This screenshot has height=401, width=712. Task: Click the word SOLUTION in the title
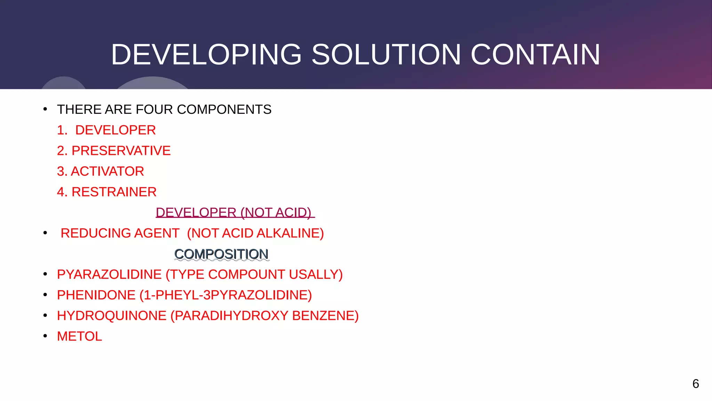386,55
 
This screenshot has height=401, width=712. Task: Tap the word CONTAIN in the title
535,55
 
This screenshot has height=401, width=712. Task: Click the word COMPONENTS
224,110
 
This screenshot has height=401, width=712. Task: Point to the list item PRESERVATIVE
121,151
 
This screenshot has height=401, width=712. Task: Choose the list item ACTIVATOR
107,171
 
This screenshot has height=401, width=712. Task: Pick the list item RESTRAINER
114,192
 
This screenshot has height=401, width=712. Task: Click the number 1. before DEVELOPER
62,130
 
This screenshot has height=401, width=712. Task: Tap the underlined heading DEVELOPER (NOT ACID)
235,213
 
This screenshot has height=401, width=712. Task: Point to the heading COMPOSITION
221,254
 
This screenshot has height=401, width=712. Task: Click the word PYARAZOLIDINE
109,275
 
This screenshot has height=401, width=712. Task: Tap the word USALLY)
316,275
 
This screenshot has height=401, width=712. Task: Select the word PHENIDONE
96,295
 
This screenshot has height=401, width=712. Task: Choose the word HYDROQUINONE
112,316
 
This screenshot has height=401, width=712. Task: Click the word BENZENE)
325,316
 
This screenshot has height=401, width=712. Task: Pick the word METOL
80,336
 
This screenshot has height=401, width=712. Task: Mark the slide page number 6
695,384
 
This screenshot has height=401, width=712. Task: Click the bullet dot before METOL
45,336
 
